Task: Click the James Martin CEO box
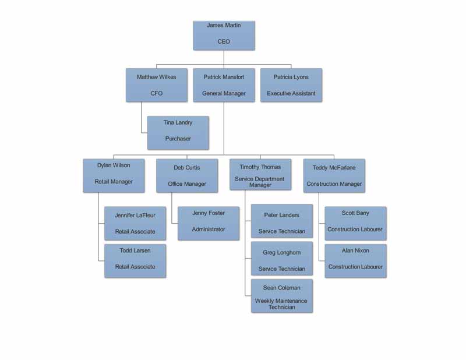(x=224, y=36)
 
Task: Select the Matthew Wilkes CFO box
(x=157, y=85)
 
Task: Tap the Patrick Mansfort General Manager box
(x=224, y=85)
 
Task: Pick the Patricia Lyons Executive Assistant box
(x=291, y=85)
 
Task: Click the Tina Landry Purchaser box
(x=178, y=133)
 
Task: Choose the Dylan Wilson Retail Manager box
(x=114, y=175)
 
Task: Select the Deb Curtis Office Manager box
(x=187, y=175)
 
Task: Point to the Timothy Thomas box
(x=260, y=174)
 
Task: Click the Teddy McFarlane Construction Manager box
(x=334, y=175)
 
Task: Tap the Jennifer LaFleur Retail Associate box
(x=135, y=223)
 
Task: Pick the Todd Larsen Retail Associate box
(x=135, y=261)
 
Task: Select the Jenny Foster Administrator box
(x=209, y=223)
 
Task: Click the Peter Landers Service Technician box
(x=282, y=221)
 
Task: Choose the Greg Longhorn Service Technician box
(x=282, y=258)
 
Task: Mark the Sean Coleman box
(x=282, y=296)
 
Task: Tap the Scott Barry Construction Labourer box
(x=355, y=223)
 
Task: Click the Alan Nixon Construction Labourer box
(x=355, y=261)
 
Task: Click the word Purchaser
(x=178, y=139)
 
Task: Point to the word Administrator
(x=209, y=229)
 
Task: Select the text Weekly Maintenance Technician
(x=281, y=304)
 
